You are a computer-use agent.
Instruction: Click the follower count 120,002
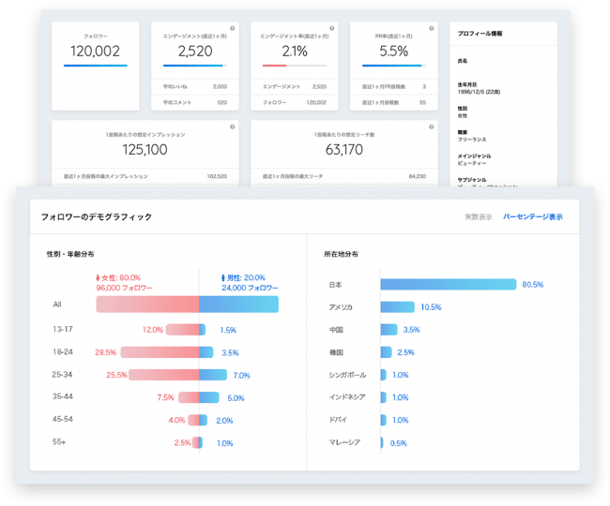tap(95, 52)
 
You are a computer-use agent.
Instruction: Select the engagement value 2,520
tap(195, 52)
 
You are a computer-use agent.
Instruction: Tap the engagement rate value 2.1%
tap(295, 52)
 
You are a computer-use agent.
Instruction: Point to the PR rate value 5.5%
tap(393, 52)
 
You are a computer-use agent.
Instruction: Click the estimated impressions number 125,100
tap(145, 149)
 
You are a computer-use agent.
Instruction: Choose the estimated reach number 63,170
tap(344, 149)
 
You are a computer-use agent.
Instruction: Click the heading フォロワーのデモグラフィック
tap(97, 216)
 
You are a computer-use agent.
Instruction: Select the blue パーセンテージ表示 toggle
tap(533, 216)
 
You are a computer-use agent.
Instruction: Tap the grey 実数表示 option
tap(478, 216)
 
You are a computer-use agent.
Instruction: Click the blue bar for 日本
tap(449, 284)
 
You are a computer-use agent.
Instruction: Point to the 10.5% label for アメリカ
tap(431, 306)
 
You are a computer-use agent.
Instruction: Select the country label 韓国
tap(337, 352)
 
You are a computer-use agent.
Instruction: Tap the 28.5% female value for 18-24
tap(105, 352)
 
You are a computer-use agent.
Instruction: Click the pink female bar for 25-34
tap(164, 375)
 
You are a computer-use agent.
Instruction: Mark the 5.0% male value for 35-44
tap(236, 397)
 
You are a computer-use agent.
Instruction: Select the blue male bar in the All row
tap(238, 305)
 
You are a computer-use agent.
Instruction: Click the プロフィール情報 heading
tap(480, 34)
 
